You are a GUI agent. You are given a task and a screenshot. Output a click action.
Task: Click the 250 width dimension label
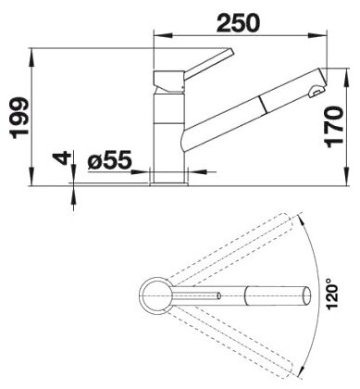tap(238, 23)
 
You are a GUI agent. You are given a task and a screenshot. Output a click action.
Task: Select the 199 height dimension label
tap(19, 118)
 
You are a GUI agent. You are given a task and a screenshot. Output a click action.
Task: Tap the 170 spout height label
tap(333, 126)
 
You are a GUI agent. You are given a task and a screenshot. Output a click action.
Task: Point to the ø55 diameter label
tap(109, 159)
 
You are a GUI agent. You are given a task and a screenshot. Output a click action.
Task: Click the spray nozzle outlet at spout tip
tap(317, 91)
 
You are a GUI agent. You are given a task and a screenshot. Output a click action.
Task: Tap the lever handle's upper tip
tap(231, 52)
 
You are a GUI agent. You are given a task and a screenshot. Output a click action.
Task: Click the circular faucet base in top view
tap(155, 295)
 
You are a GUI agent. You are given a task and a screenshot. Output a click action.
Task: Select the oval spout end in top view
tap(306, 295)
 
